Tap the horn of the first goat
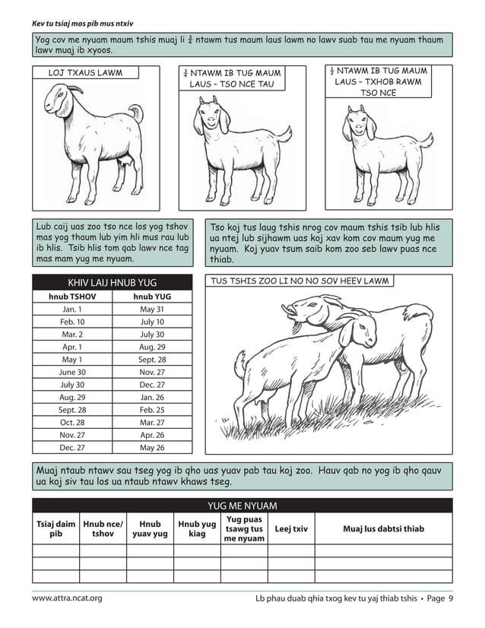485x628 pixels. tap(74, 88)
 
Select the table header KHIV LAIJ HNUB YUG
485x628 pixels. tap(112, 283)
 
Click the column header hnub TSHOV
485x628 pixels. tap(72, 297)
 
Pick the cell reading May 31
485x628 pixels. tap(152, 309)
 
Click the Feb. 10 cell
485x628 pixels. tap(72, 322)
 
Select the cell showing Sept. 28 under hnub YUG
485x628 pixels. tap(152, 360)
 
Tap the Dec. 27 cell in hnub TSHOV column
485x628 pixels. tap(72, 448)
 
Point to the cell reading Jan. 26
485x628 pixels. tap(152, 398)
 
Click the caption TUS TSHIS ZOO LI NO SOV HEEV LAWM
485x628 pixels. tap(300, 281)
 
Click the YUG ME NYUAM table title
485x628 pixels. tap(242, 506)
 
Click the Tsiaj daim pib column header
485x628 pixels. tap(55, 528)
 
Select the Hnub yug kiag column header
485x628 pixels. tap(197, 528)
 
